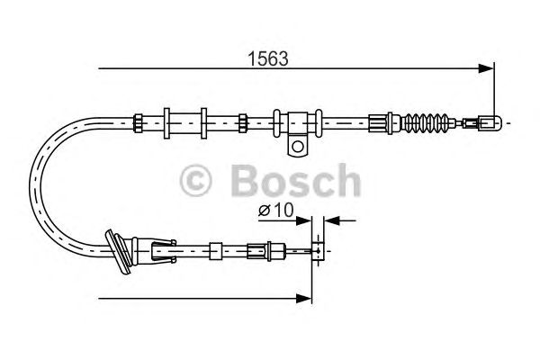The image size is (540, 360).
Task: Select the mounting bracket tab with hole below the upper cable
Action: (x=298, y=143)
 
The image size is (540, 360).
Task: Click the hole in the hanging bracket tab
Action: (x=298, y=145)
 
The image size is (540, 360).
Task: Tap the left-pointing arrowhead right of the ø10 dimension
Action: (x=328, y=219)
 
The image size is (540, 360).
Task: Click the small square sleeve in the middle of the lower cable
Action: (x=216, y=247)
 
